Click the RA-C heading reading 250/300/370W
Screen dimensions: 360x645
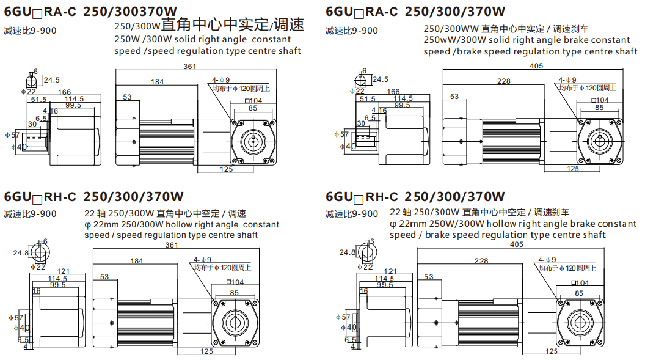click(x=415, y=10)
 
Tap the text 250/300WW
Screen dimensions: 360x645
click(x=451, y=29)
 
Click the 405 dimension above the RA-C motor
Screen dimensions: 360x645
click(x=536, y=66)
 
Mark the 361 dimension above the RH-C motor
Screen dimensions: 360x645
click(x=172, y=245)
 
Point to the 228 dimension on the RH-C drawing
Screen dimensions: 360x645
click(x=482, y=261)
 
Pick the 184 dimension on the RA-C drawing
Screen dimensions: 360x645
click(x=157, y=81)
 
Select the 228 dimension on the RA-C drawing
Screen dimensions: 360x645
click(x=504, y=81)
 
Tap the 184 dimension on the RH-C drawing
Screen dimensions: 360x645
click(x=137, y=261)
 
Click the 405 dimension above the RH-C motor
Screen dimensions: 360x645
click(x=516, y=245)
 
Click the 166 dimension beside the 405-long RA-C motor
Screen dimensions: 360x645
click(x=393, y=92)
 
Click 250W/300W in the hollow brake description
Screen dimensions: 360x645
click(x=437, y=224)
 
